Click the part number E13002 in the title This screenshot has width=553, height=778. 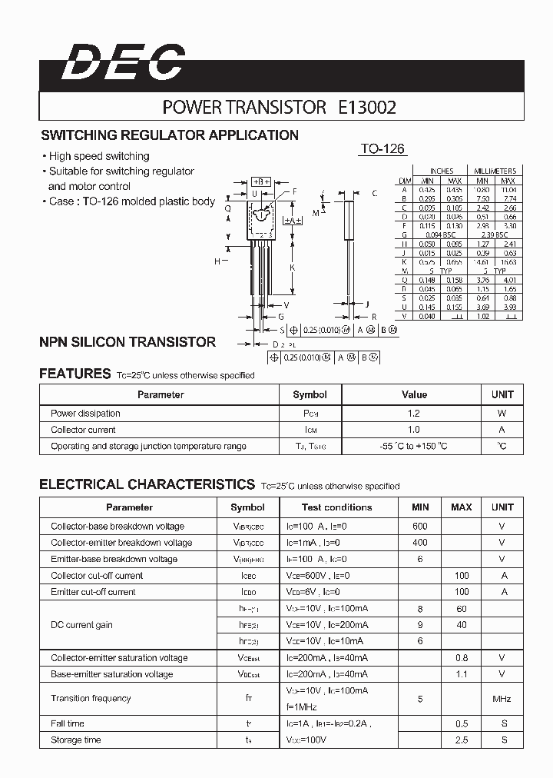click(x=367, y=108)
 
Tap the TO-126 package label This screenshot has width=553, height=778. click(x=382, y=149)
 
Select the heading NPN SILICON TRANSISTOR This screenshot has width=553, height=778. click(x=127, y=342)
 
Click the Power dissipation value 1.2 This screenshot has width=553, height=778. click(x=414, y=414)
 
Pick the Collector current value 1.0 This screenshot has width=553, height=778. click(x=414, y=430)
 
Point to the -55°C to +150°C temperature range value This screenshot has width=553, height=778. click(x=414, y=446)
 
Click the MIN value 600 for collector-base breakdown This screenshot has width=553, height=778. click(x=419, y=527)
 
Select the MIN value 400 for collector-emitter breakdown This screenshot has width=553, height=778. click(x=419, y=543)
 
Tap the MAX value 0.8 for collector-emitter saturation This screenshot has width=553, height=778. click(x=461, y=658)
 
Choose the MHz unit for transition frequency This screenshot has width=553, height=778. click(x=502, y=699)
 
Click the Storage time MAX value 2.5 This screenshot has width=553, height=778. click(x=461, y=740)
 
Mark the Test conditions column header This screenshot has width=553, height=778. click(x=336, y=507)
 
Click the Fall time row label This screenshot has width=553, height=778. click(x=68, y=723)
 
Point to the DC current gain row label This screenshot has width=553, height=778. click(x=81, y=625)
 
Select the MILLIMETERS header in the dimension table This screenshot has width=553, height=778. click(x=495, y=171)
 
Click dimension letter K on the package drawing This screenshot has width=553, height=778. click(x=292, y=267)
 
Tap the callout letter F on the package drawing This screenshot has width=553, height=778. click(x=293, y=191)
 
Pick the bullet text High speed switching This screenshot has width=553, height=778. click(x=99, y=156)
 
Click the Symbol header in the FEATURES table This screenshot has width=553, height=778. click(x=310, y=394)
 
